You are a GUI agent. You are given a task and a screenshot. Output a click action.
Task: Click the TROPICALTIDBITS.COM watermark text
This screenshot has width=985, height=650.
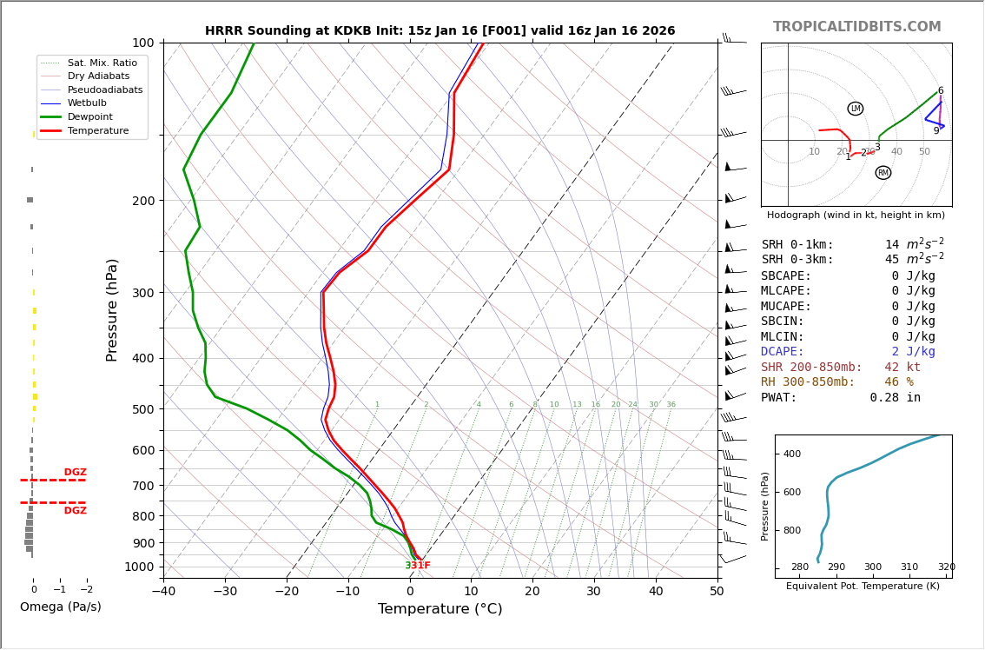tap(856, 27)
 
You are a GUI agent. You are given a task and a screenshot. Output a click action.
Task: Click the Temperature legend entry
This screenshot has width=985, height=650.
tap(98, 130)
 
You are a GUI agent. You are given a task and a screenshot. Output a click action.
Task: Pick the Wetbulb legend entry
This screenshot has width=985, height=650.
tap(92, 103)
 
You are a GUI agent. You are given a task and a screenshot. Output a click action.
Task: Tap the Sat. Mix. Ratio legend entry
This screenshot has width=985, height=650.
tap(102, 63)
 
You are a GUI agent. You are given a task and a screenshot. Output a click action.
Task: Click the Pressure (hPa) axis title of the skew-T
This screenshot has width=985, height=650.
tap(112, 309)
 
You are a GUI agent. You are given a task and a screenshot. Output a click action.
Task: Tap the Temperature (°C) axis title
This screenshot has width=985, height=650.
tap(440, 609)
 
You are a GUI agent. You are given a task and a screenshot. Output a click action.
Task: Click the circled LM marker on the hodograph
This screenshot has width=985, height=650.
tap(856, 109)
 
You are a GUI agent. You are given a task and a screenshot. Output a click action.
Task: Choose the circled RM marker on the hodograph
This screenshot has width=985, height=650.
tap(883, 173)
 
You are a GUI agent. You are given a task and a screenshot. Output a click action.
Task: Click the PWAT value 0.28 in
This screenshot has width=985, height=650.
tap(895, 398)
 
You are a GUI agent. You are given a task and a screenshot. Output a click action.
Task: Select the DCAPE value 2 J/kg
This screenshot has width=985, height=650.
tap(913, 352)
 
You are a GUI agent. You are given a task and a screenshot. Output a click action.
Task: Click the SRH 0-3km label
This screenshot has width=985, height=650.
tap(797, 260)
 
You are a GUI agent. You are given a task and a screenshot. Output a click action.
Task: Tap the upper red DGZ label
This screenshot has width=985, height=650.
tap(76, 473)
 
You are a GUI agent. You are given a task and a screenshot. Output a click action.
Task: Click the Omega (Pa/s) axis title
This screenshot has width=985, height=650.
tap(60, 607)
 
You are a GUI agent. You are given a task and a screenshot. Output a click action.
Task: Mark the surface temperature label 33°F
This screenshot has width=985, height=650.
tap(418, 566)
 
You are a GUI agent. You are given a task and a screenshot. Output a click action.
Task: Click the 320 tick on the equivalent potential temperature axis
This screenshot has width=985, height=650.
tap(946, 567)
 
